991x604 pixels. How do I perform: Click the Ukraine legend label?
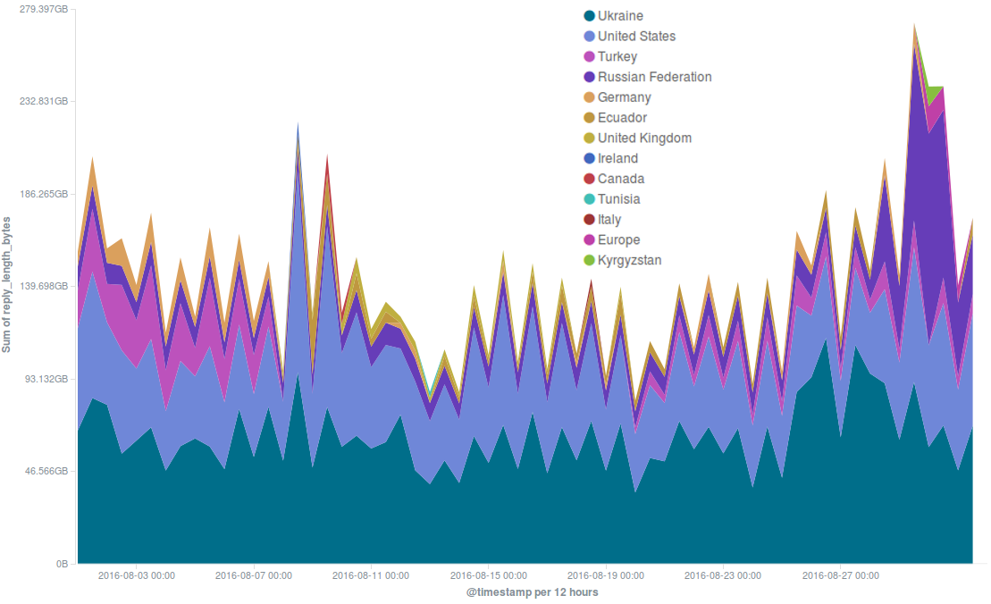[620, 16]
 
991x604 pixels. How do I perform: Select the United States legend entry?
[636, 37]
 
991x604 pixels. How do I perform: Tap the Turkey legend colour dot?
[589, 57]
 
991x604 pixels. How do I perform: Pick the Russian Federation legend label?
[654, 77]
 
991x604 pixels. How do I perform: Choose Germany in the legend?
[624, 97]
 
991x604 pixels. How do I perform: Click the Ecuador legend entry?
[622, 118]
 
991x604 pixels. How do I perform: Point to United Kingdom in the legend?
[644, 138]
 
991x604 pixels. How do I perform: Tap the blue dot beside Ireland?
[589, 159]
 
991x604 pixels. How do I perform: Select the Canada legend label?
[620, 179]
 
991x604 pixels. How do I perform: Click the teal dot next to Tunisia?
[589, 199]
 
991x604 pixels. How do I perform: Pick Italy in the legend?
[609, 220]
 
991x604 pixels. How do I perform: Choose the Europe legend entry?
[618, 240]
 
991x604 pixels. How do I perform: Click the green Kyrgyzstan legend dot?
[589, 261]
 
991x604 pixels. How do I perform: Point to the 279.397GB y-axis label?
[44, 9]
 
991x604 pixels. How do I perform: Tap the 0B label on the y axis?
[63, 565]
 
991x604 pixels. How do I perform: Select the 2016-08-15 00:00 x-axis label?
[489, 576]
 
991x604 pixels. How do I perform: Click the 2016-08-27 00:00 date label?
[840, 576]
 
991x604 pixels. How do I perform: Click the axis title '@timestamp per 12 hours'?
[532, 592]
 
